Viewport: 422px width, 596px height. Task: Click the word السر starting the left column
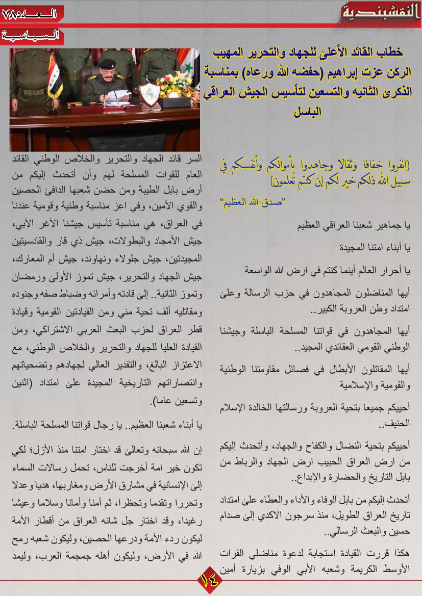pos(194,159)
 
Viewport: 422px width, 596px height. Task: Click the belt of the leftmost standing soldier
pos(32,92)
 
